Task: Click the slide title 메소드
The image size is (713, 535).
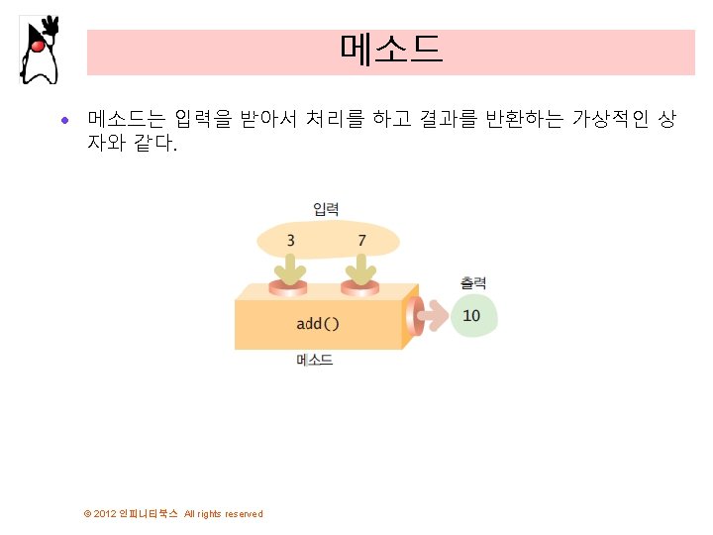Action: tap(390, 51)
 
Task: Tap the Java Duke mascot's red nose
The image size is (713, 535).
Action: tap(38, 45)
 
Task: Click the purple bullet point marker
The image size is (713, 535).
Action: tap(65, 122)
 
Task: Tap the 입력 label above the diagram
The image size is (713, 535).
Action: tap(326, 209)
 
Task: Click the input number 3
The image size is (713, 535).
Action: tap(290, 240)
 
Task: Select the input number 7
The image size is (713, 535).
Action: tap(361, 240)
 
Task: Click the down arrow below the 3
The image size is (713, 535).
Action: tap(291, 268)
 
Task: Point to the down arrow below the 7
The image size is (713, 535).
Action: tap(361, 268)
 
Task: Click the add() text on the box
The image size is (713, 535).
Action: tap(318, 323)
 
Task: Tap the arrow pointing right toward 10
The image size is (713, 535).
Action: tap(432, 317)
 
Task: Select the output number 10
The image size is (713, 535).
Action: tap(472, 316)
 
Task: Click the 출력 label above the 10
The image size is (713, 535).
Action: tap(472, 283)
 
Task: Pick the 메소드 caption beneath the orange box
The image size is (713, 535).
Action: tap(315, 361)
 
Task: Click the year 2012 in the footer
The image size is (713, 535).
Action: tap(105, 513)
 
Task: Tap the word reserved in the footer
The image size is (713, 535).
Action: tap(244, 513)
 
